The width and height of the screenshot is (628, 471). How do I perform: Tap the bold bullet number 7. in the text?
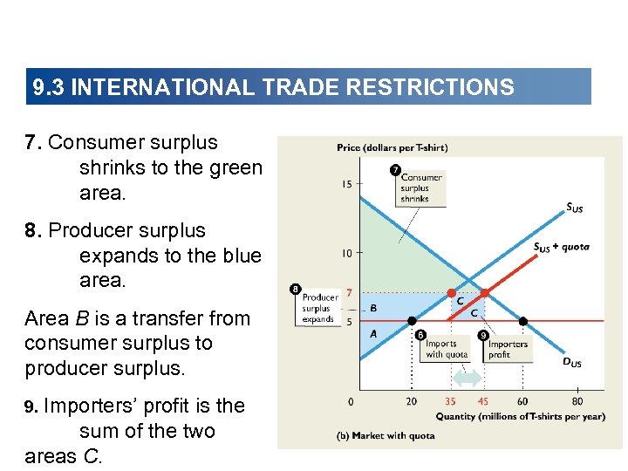[x=34, y=143]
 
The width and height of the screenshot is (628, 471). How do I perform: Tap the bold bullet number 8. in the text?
[x=34, y=231]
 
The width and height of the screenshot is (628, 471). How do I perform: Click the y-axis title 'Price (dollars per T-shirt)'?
[x=392, y=147]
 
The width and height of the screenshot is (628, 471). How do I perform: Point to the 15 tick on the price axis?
[x=347, y=184]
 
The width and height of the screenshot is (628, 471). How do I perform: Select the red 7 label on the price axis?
[x=349, y=293]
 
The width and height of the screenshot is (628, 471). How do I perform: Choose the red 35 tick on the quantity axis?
[x=450, y=402]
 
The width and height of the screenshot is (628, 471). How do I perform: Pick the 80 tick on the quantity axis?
[x=577, y=402]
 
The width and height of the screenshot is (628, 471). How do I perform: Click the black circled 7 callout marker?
[x=396, y=170]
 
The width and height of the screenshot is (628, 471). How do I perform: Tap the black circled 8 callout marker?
[x=295, y=289]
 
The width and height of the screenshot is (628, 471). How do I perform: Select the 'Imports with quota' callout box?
[x=446, y=349]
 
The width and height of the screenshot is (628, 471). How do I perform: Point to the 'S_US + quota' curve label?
[x=561, y=247]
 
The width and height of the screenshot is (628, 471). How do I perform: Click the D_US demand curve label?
[x=570, y=363]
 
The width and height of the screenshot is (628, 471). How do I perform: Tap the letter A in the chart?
[x=373, y=333]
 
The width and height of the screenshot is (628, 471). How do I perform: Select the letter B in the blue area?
[x=373, y=308]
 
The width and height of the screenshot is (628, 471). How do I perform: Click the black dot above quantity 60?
[x=522, y=321]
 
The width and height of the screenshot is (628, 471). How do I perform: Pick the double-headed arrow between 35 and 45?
[x=468, y=379]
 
